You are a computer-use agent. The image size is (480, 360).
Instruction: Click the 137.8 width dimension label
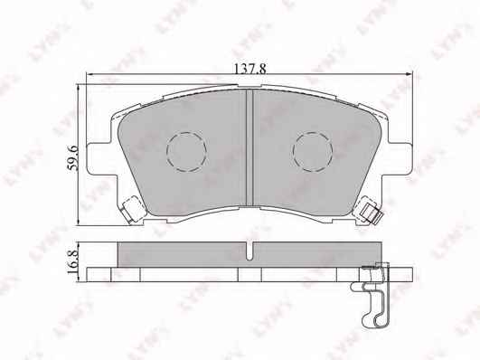(x=249, y=69)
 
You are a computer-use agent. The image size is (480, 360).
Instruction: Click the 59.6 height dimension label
(x=73, y=158)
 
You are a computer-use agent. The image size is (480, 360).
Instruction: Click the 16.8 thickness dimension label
(x=73, y=261)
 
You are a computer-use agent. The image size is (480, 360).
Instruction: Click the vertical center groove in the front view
(x=249, y=147)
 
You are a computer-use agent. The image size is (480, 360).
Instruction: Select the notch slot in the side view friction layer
(x=249, y=251)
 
